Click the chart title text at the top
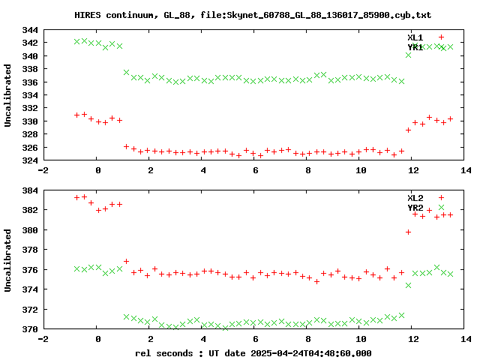[x=253, y=15]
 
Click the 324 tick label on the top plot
[x=30, y=160]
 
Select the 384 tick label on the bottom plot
[x=30, y=190]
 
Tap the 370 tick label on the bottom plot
[x=30, y=328]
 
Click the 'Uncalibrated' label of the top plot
[x=8, y=95]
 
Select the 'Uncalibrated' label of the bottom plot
[x=8, y=259]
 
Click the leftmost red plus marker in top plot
[x=77, y=115]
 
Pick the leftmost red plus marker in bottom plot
[x=77, y=197]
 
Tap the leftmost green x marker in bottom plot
[x=77, y=268]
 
